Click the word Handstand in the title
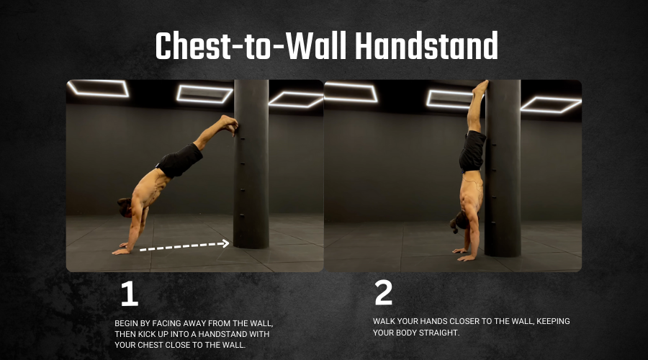coord(426,45)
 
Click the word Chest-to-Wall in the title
coord(251,45)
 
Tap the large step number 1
coord(130,294)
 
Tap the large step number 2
coord(384,292)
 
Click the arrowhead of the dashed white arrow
coord(225,243)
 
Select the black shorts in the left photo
coord(180,160)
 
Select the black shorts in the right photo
coord(472,151)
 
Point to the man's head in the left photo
coord(125,207)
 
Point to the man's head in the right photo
coord(459,222)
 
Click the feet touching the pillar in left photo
coord(229,124)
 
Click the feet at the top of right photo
coord(481,87)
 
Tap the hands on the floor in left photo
coord(122,249)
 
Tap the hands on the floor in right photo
coord(464,255)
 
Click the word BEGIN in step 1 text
coord(125,323)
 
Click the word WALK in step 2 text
coord(383,321)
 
